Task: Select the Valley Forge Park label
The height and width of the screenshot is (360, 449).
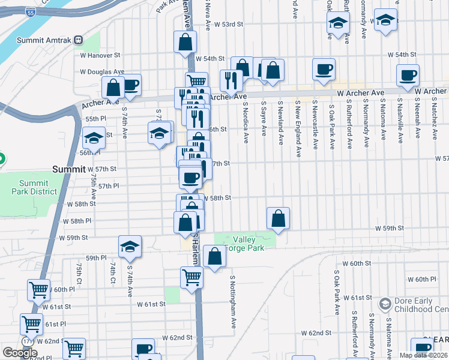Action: click(244, 244)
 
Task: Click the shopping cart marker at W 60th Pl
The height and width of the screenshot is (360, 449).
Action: click(39, 290)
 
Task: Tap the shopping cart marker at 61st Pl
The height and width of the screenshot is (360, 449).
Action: click(31, 324)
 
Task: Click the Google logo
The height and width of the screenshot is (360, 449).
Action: click(20, 353)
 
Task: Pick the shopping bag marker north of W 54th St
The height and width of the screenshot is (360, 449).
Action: click(185, 41)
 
